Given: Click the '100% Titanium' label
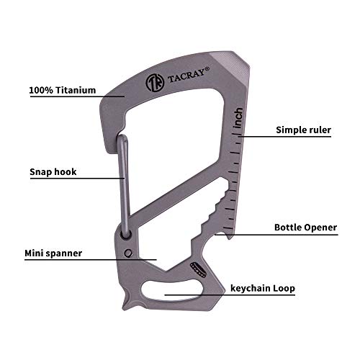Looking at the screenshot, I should (63, 91).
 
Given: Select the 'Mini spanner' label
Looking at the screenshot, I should (59, 253).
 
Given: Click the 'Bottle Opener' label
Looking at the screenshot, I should (305, 227).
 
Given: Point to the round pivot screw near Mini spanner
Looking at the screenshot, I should (128, 253).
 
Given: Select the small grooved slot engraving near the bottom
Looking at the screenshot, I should (198, 269).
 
